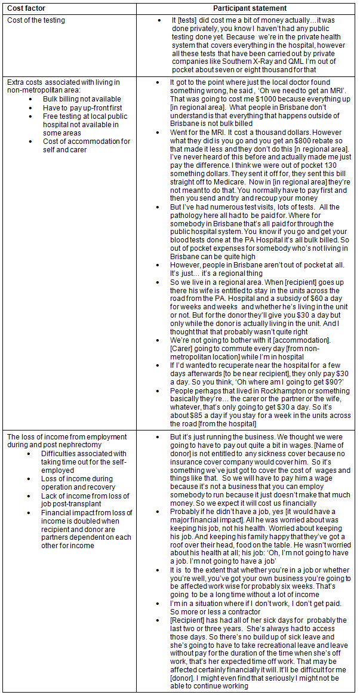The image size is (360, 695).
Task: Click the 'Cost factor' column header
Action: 26,8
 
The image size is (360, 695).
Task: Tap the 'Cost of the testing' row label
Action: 36,20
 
